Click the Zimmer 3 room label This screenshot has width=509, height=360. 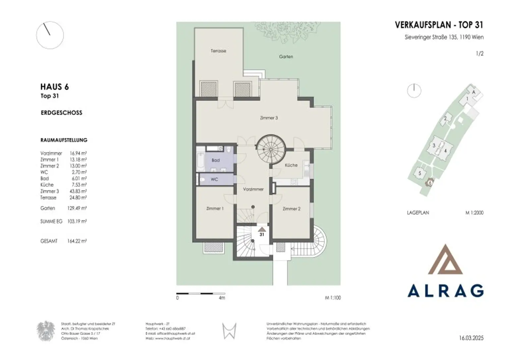(x=269, y=118)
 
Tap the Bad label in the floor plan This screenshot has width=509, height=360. (x=216, y=160)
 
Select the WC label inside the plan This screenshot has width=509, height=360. (x=214, y=180)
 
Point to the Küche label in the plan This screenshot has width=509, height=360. (x=291, y=165)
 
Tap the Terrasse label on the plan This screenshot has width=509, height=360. (x=218, y=51)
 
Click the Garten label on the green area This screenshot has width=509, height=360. (x=286, y=57)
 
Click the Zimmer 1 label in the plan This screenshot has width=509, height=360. (x=215, y=209)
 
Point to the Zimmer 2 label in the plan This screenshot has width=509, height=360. (x=291, y=209)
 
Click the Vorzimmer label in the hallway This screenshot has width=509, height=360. (x=253, y=189)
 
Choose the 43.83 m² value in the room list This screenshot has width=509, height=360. (x=78, y=191)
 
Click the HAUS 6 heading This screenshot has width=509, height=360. (x=54, y=87)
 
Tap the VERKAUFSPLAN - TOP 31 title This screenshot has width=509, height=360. (x=439, y=25)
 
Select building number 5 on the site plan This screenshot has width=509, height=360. (x=420, y=174)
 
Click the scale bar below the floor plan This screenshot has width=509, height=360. (x=200, y=293)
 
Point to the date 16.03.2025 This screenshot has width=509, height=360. (x=471, y=338)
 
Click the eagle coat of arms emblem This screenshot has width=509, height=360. (x=45, y=331)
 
